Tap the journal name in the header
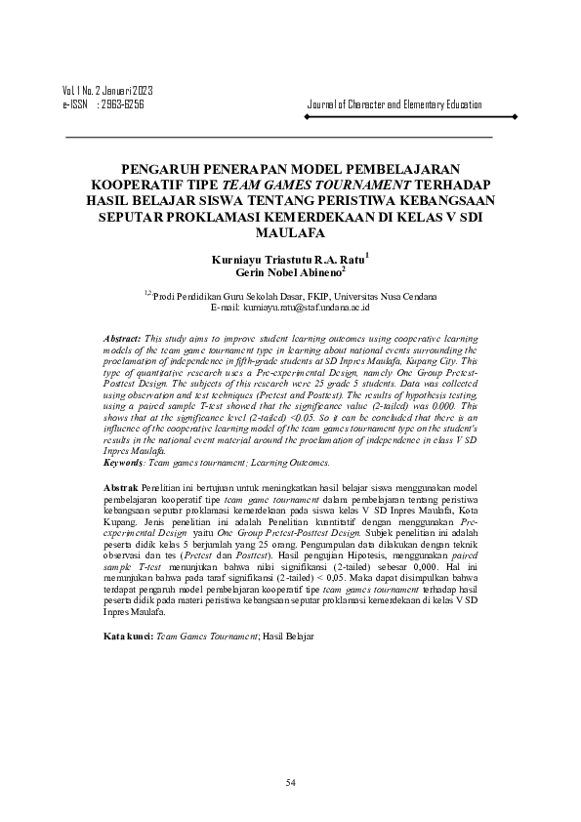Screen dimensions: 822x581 click(x=394, y=103)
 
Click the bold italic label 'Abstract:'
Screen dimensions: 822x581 click(x=122, y=337)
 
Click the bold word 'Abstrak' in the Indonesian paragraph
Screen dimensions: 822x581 click(x=121, y=485)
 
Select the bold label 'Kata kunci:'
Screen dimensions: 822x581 click(x=127, y=636)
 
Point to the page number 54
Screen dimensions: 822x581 click(x=290, y=782)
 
